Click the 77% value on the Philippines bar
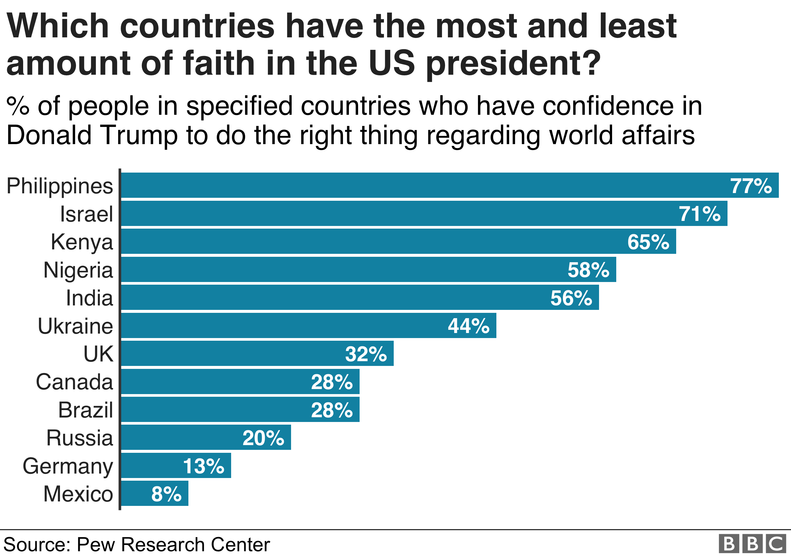coord(751,186)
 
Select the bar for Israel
coord(424,214)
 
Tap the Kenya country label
coord(82,242)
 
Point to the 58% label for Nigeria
coord(588,270)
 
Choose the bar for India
coord(360,297)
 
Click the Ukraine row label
coord(75,326)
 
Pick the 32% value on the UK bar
coord(366,354)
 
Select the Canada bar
coord(240,381)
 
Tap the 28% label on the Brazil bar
coord(331,410)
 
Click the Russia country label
coord(80,438)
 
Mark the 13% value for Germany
coord(203,466)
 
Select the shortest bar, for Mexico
coord(155,493)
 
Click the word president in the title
coord(513,64)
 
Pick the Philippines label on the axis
coord(60,186)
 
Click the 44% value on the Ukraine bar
coord(468,326)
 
